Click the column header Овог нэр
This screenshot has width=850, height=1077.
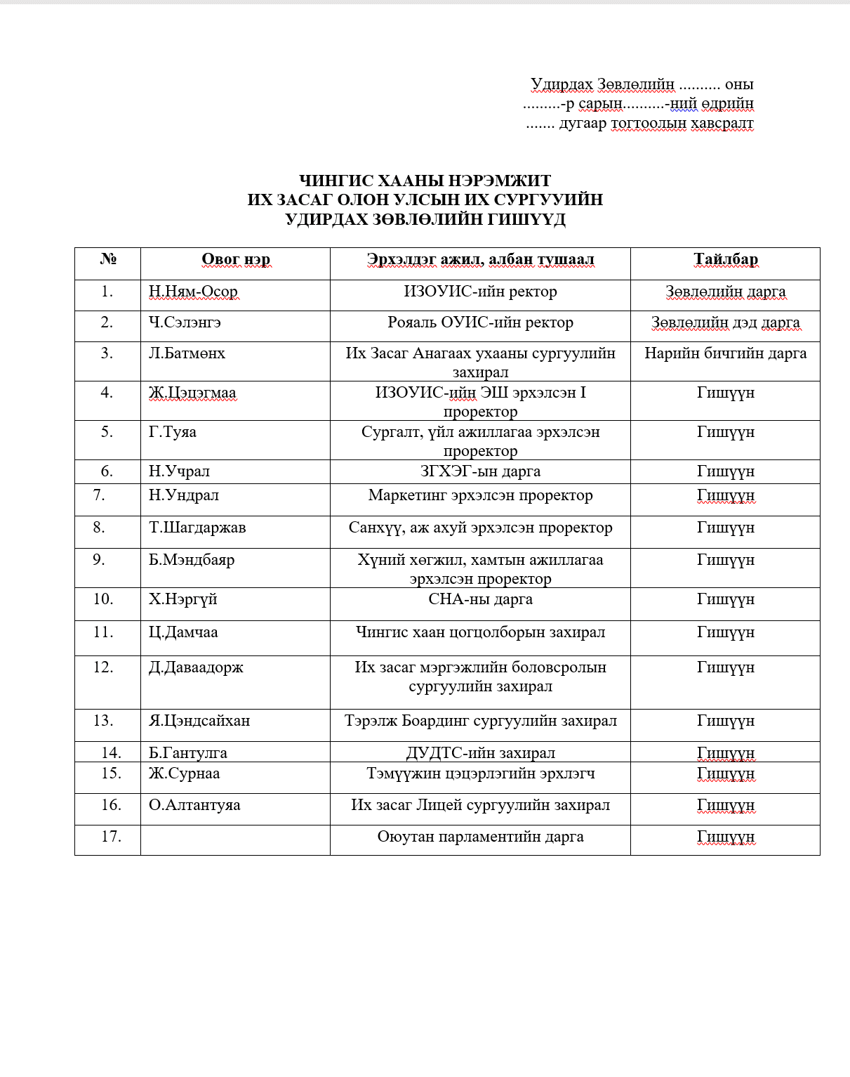(236, 259)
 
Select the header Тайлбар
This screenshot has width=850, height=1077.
(726, 259)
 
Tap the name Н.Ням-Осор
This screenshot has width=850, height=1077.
(193, 292)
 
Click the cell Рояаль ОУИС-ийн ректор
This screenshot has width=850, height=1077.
(480, 322)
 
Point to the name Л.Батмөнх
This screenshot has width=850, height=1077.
(187, 353)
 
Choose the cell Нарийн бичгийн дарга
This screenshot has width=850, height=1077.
(726, 353)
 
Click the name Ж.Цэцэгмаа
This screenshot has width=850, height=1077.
(192, 393)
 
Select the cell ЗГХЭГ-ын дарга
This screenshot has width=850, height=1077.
(480, 471)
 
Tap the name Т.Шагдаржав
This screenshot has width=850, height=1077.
(197, 528)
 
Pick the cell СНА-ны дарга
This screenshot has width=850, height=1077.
(480, 599)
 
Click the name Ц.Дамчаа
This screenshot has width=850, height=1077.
(183, 632)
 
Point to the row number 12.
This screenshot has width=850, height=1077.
(102, 667)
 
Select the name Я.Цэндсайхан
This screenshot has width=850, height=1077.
(199, 721)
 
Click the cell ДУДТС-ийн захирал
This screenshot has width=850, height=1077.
(480, 753)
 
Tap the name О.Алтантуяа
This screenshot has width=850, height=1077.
(194, 805)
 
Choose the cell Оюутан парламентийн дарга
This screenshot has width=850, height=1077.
(480, 837)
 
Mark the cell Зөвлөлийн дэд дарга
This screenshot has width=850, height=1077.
(726, 322)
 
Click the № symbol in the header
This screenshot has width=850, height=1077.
(108, 259)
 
